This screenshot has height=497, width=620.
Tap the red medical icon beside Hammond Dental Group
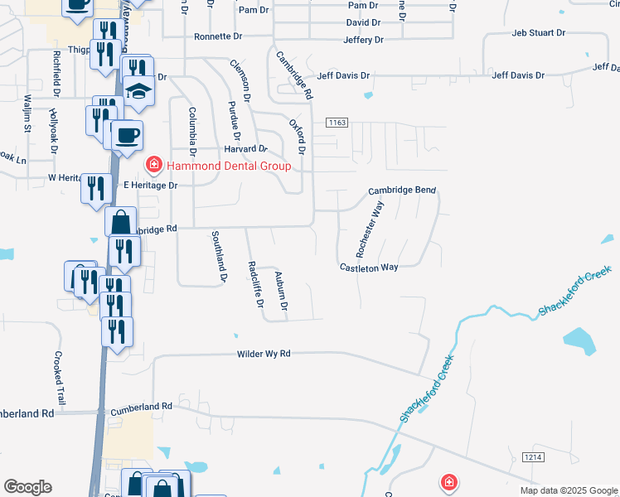pos(153,166)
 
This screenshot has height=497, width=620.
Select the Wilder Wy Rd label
pos(264,354)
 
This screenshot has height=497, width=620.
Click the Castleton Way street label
pos(369,268)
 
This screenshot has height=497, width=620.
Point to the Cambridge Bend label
pos(402,191)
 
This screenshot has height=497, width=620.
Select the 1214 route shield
pos(532,457)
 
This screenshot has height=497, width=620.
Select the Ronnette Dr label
pos(218,37)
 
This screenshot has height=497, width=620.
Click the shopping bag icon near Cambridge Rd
pos(121,223)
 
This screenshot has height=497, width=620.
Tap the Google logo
pos(27,487)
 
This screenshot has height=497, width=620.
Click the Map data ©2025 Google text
pos(568,490)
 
